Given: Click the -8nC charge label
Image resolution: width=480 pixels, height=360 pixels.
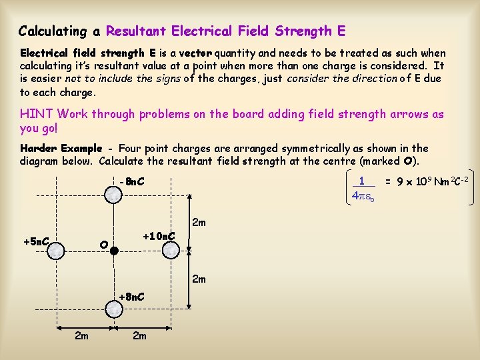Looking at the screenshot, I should (x=131, y=181).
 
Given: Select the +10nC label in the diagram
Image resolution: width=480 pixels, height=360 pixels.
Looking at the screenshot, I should (x=159, y=235).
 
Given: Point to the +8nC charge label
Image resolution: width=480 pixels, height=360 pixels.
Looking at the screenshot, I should (x=131, y=296).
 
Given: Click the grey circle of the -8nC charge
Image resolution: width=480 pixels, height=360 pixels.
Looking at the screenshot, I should (x=114, y=194).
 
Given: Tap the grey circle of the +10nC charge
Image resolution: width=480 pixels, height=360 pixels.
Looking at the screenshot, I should (x=172, y=250).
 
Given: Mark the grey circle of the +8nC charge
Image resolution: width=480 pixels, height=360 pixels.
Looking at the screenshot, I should (x=114, y=309).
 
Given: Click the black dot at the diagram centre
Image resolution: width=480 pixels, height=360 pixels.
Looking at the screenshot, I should (x=114, y=251).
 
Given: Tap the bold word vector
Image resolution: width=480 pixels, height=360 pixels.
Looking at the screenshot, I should (x=196, y=53).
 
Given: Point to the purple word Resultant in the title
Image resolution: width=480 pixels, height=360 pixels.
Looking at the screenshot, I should (x=136, y=31).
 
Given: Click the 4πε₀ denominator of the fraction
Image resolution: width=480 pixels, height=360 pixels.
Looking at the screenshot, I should (x=363, y=196).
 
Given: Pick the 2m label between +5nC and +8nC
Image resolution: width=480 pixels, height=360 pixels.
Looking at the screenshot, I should (x=81, y=335).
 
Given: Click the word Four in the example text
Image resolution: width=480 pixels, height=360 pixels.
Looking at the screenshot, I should (x=129, y=148).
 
